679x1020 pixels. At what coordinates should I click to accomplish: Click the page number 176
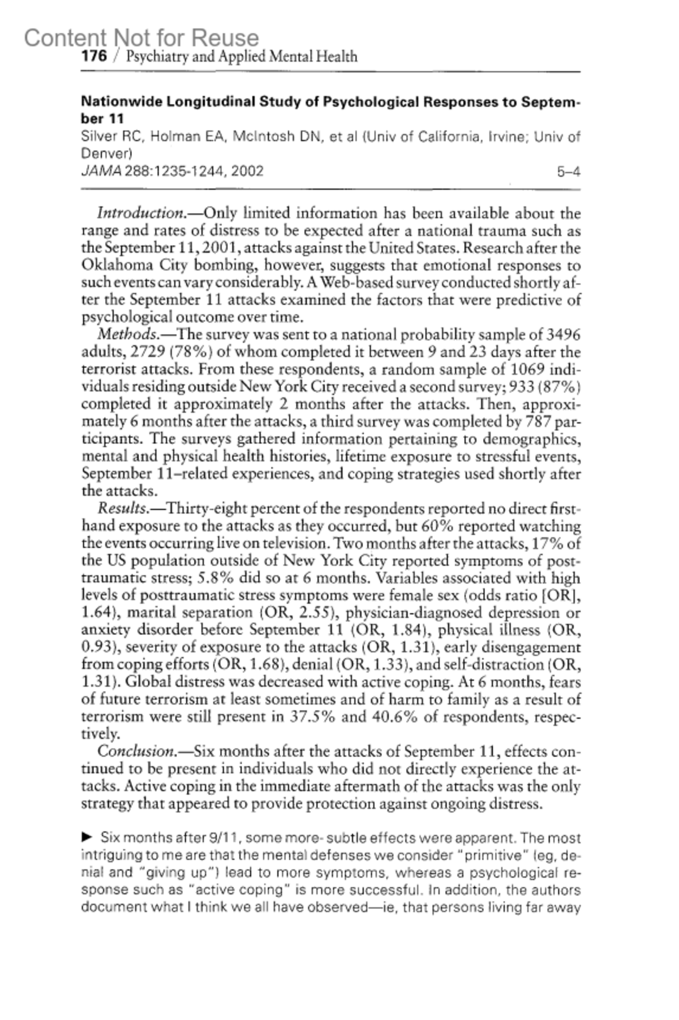pos(94,56)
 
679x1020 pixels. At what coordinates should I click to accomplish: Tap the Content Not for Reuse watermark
pos(141,38)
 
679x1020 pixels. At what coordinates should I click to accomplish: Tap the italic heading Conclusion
pos(136,752)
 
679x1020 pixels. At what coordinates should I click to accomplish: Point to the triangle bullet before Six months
pos(87,836)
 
